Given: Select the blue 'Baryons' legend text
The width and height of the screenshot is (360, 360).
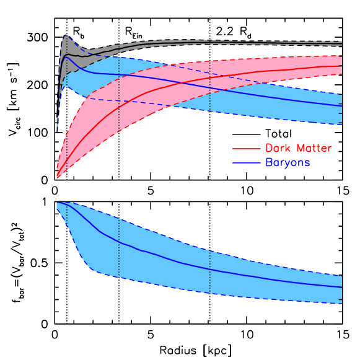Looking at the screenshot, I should [x=288, y=163].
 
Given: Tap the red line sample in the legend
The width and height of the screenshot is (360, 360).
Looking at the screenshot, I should [x=246, y=149].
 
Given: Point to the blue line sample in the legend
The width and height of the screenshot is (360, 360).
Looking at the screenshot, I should [x=246, y=163].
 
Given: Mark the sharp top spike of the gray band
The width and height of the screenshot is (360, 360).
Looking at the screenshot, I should [x=66, y=35].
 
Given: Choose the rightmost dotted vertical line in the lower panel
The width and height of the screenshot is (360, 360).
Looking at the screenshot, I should [x=210, y=273].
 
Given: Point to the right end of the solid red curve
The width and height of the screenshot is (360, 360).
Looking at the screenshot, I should [x=341, y=65].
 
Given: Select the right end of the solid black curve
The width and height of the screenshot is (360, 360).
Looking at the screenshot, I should [x=341, y=43].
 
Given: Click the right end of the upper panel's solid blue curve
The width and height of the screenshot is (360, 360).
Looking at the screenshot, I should [x=341, y=106].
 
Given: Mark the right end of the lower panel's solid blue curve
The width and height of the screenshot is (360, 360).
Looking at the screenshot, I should [x=341, y=287].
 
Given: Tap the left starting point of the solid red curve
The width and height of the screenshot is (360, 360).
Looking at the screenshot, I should [x=57, y=170].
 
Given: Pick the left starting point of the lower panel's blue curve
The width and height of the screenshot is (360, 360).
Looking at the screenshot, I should [x=58, y=203].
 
